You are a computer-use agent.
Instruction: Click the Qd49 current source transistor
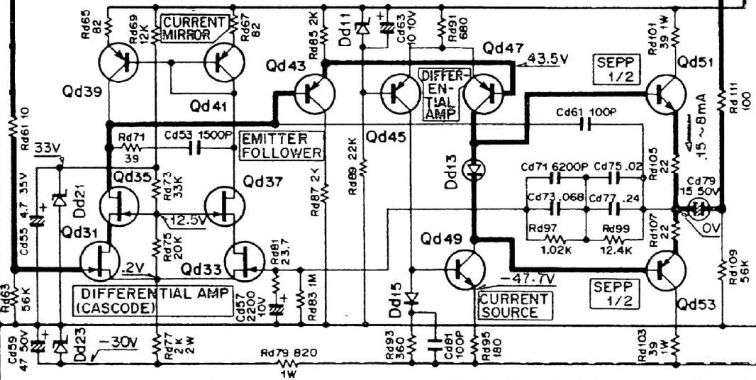[465, 271]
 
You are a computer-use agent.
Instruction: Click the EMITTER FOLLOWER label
[281, 145]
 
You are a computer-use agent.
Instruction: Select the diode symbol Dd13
[472, 169]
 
